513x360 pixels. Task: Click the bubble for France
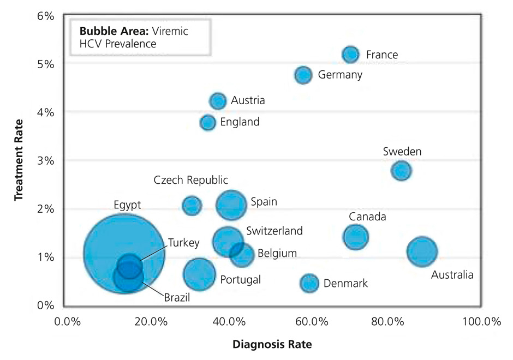tap(350, 54)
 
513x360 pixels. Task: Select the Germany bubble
tap(303, 75)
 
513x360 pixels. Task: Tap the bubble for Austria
tap(218, 101)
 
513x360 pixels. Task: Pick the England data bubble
tap(208, 122)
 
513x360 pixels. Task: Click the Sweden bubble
tap(401, 170)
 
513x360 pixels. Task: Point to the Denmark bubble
tap(309, 283)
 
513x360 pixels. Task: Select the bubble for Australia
tap(421, 251)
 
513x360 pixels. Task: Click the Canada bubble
tap(356, 237)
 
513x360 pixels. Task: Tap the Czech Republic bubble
tap(192, 206)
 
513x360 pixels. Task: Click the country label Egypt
tap(128, 205)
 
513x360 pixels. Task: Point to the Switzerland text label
tap(274, 231)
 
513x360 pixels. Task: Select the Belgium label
tap(277, 253)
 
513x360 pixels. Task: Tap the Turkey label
tap(183, 243)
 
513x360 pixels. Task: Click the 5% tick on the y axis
tap(45, 64)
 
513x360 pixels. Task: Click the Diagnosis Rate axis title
tap(272, 345)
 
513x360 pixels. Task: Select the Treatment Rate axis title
tap(19, 159)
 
